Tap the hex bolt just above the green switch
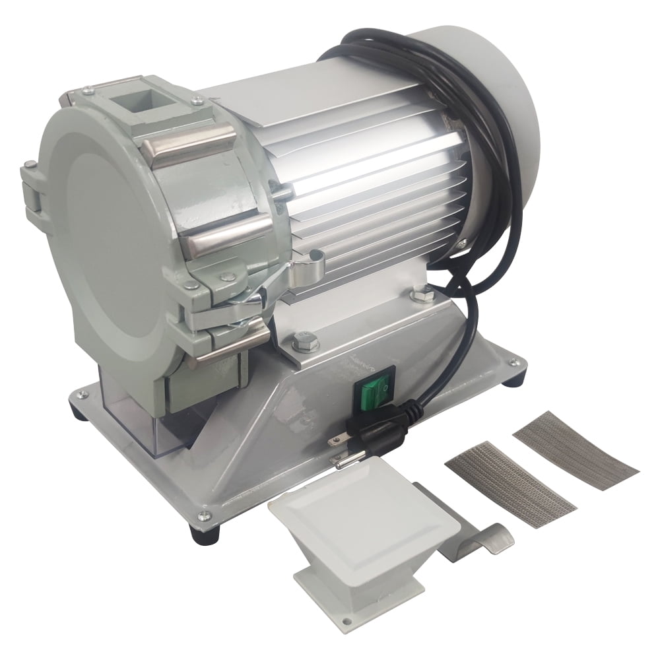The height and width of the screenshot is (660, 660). (304, 342)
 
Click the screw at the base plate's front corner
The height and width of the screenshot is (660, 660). (205, 516)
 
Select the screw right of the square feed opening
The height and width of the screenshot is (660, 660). (197, 100)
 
